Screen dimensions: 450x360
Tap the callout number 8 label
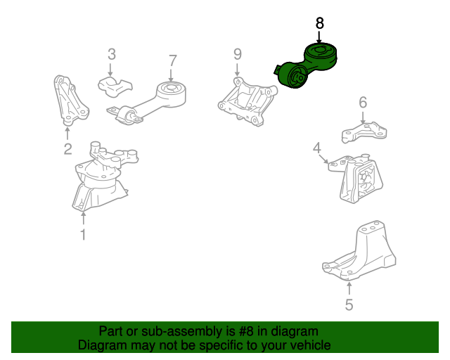pyautogui.click(x=319, y=23)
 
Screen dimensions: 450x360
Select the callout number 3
pyautogui.click(x=112, y=54)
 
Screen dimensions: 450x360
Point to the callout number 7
pyautogui.click(x=172, y=60)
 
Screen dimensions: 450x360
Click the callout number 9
pyautogui.click(x=238, y=54)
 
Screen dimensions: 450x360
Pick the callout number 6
pyautogui.click(x=363, y=102)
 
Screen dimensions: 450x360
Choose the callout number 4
pyautogui.click(x=317, y=148)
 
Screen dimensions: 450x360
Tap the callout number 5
pyautogui.click(x=349, y=304)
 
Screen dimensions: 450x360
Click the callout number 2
pyautogui.click(x=67, y=149)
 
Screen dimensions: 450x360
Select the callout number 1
pyautogui.click(x=83, y=235)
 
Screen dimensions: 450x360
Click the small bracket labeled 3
pyautogui.click(x=115, y=86)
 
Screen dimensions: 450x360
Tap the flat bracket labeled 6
pyautogui.click(x=364, y=132)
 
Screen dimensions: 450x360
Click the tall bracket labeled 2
pyautogui.click(x=70, y=101)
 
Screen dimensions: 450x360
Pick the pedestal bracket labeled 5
pyautogui.click(x=359, y=250)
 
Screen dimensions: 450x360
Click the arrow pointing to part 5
pyautogui.click(x=349, y=288)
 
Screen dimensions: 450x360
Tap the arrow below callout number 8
pyautogui.click(x=319, y=37)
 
